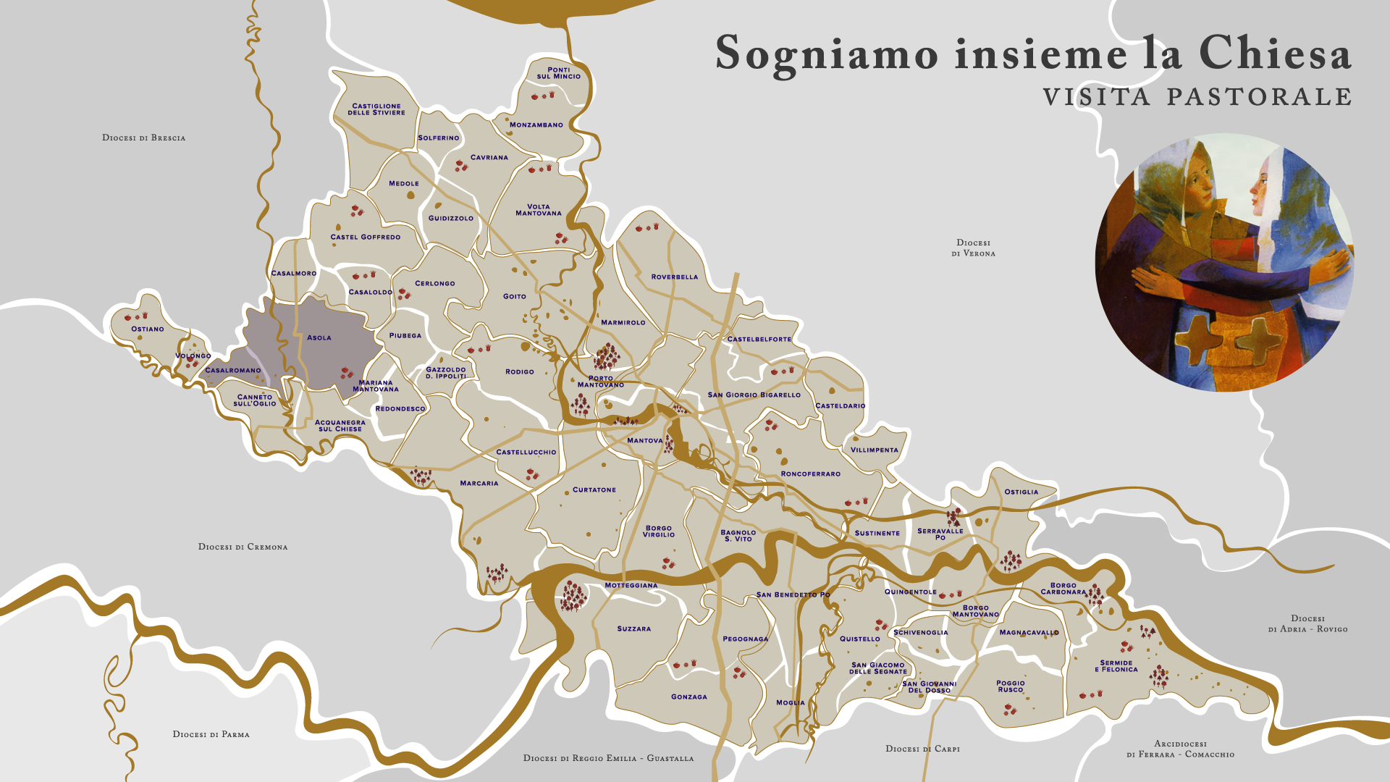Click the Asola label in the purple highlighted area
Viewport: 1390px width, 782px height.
click(x=319, y=337)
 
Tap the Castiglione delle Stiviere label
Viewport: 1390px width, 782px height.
click(x=376, y=109)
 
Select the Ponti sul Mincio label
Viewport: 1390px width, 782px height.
click(x=558, y=73)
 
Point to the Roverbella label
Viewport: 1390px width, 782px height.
click(x=674, y=277)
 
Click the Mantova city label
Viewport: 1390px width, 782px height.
click(x=644, y=440)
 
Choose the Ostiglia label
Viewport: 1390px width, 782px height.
click(x=1021, y=492)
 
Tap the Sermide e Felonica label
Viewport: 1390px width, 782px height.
click(x=1116, y=666)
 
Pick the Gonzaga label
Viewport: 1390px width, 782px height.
click(x=688, y=697)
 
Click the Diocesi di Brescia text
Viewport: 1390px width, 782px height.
click(x=143, y=138)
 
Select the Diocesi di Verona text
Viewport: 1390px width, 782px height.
click(x=973, y=248)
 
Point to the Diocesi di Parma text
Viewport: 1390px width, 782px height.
click(x=211, y=734)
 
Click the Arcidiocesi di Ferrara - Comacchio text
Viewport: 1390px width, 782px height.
click(x=1180, y=749)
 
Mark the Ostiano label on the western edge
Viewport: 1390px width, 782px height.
click(x=147, y=329)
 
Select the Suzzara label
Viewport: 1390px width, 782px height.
click(x=633, y=628)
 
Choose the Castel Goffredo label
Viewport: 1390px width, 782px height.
click(x=365, y=237)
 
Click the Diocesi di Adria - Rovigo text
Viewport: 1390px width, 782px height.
click(x=1307, y=623)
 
